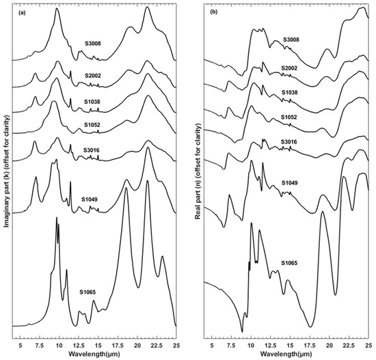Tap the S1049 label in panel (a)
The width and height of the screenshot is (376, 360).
coord(91,199)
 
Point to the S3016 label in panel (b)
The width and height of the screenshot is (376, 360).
coord(290,142)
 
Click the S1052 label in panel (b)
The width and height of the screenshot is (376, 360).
coord(289,117)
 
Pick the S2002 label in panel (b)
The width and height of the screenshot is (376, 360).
coord(290,69)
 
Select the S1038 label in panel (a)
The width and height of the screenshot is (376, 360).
coord(94,100)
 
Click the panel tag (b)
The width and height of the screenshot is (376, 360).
coord(217,10)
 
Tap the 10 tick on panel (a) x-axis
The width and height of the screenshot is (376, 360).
coord(59,346)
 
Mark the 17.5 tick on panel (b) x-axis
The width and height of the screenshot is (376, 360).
coord(310,346)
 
